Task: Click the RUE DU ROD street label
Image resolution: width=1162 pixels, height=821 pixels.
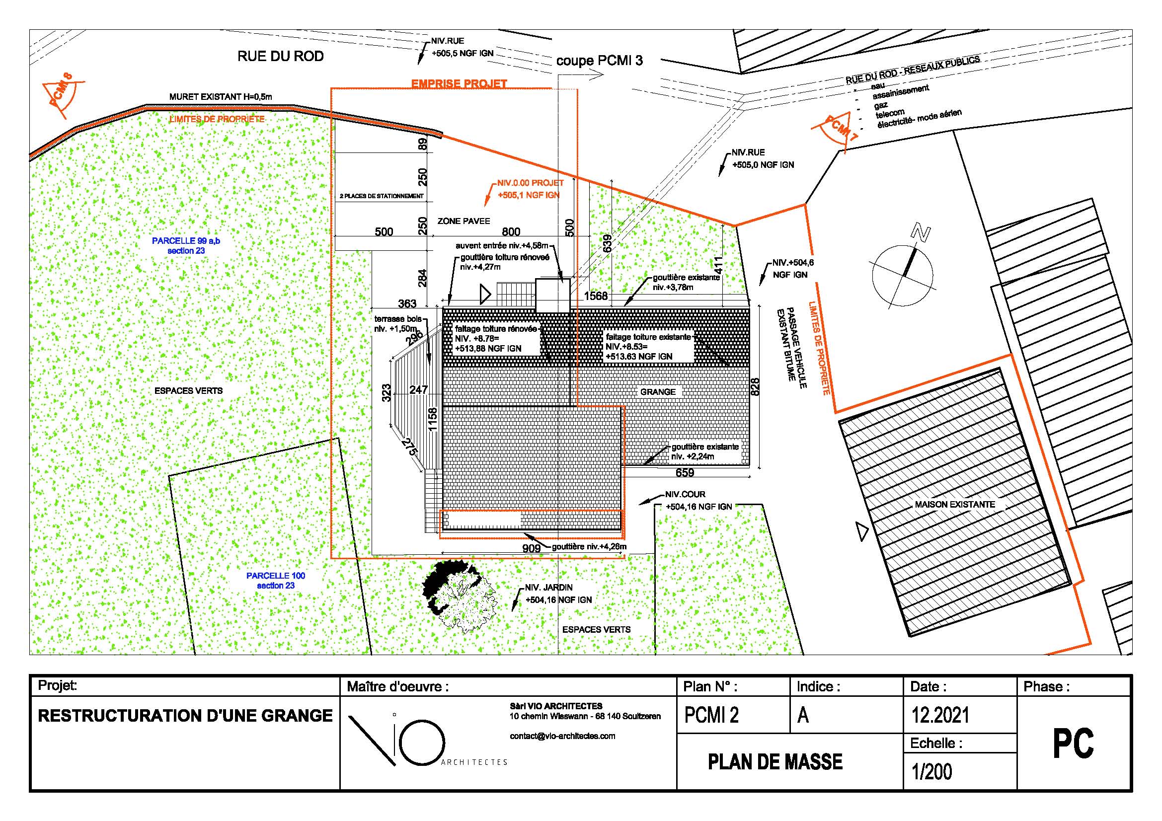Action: pyautogui.click(x=280, y=56)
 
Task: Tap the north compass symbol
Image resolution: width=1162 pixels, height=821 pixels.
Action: pyautogui.click(x=903, y=273)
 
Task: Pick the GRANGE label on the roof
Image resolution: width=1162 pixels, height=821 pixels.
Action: pyautogui.click(x=657, y=391)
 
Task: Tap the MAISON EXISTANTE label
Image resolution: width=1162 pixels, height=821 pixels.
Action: pyautogui.click(x=954, y=504)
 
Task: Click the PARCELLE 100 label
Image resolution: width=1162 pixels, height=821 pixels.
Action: pyautogui.click(x=276, y=580)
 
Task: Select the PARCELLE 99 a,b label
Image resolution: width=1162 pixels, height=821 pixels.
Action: pyautogui.click(x=186, y=245)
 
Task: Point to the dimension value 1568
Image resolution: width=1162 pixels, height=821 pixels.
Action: pyautogui.click(x=596, y=296)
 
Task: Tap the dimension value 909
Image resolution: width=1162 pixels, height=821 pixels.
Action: pyautogui.click(x=532, y=548)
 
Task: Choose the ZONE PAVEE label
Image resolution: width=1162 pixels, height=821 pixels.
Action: pyautogui.click(x=464, y=221)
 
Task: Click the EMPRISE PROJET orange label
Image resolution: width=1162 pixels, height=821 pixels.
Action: pyautogui.click(x=459, y=83)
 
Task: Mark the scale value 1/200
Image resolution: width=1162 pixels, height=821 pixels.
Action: pyautogui.click(x=931, y=771)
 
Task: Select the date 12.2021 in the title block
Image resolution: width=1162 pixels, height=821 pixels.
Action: pyautogui.click(x=940, y=715)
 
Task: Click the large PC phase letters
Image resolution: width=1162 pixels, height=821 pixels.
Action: pyautogui.click(x=1074, y=743)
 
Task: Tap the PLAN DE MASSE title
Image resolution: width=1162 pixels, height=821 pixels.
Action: pyautogui.click(x=775, y=762)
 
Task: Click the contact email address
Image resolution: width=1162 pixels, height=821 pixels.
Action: pyautogui.click(x=562, y=736)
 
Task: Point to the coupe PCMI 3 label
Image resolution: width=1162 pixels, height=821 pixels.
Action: pyautogui.click(x=600, y=61)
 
